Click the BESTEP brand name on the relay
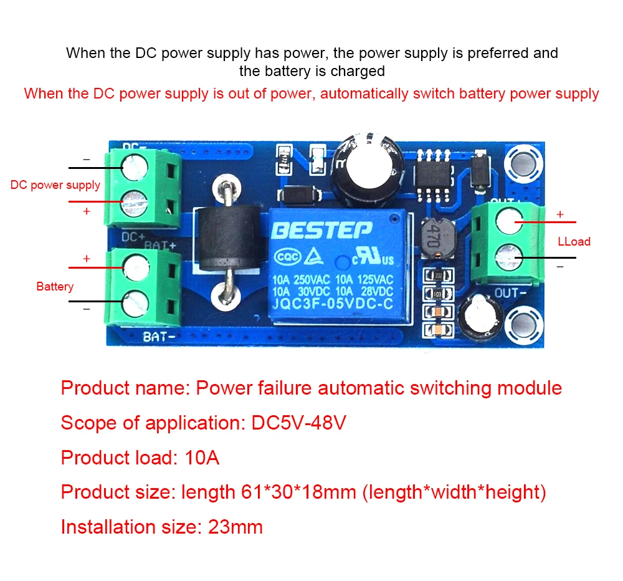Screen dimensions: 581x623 (322, 230)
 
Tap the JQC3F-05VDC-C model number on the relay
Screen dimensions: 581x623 (332, 304)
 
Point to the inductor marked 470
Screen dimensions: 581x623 (435, 238)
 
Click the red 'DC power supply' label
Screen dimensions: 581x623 (55, 185)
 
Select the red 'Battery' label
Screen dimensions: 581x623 (55, 287)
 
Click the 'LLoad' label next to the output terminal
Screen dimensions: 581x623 (574, 241)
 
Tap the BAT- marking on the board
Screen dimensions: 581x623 (158, 337)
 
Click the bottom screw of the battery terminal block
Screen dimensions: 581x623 (135, 305)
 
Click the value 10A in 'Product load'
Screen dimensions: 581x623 (202, 458)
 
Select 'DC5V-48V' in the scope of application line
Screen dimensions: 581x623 (298, 423)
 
